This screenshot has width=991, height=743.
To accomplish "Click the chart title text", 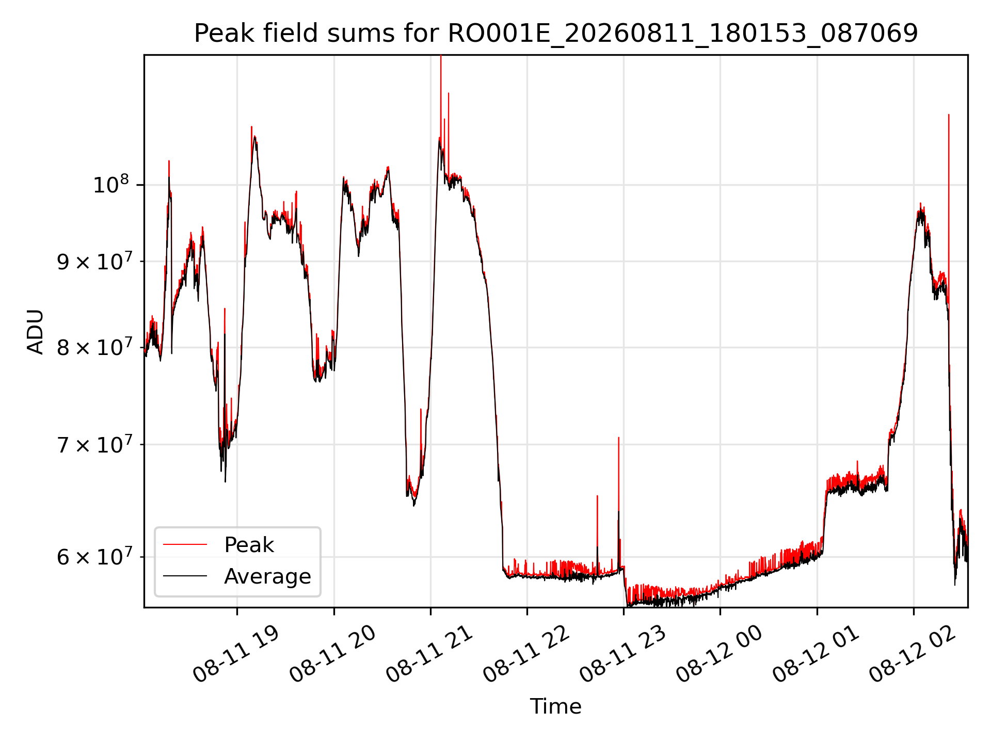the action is click(556, 34).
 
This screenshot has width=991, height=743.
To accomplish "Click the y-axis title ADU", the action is click(36, 332).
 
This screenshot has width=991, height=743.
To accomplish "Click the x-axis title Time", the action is click(556, 706).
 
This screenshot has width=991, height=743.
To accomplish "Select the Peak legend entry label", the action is click(249, 545).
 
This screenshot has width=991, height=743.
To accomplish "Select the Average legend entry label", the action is click(267, 576).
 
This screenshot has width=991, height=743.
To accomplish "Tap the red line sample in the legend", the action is click(185, 544).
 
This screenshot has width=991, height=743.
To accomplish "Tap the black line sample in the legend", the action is click(185, 576).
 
